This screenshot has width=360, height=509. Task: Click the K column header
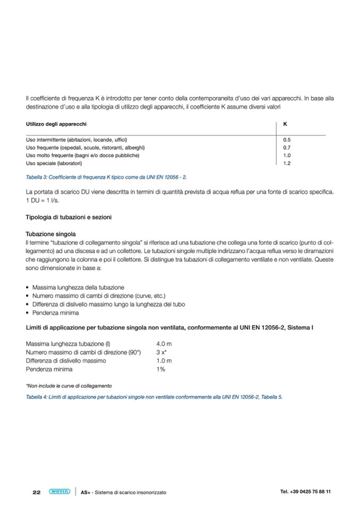(x=285, y=124)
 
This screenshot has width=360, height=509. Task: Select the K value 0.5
(x=287, y=140)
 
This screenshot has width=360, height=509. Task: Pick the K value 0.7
(x=287, y=148)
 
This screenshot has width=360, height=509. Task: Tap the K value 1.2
(x=287, y=163)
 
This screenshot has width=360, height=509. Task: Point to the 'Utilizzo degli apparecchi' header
(x=56, y=124)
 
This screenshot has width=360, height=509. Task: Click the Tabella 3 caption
(x=106, y=177)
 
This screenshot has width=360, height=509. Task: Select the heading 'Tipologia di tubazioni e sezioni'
(x=68, y=217)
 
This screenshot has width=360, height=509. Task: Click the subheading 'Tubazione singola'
(x=50, y=234)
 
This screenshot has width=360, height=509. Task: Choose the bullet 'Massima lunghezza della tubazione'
(x=78, y=287)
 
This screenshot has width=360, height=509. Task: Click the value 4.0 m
(x=164, y=344)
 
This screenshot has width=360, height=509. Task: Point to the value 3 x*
(x=162, y=352)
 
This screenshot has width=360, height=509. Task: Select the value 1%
(x=160, y=369)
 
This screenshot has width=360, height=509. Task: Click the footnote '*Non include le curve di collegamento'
(x=68, y=386)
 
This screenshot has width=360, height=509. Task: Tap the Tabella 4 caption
(x=154, y=397)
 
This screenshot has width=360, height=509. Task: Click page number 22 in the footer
(x=37, y=492)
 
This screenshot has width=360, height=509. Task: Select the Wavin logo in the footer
(x=59, y=491)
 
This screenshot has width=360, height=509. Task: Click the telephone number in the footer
(x=305, y=491)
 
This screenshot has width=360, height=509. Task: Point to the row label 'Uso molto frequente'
(x=82, y=156)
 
